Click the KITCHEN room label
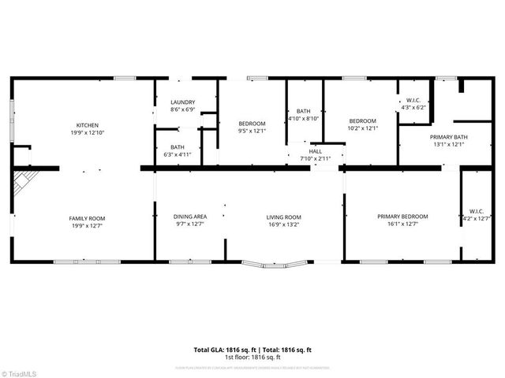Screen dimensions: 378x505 pyautogui.click(x=87, y=125)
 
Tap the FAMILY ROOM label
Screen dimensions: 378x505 pyautogui.click(x=87, y=218)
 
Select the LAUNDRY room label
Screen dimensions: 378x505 pyautogui.click(x=182, y=102)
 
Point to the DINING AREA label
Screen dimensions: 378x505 pyautogui.click(x=190, y=217)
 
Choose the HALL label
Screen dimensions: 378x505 pyautogui.click(x=316, y=151)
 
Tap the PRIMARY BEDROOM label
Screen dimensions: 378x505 pyautogui.click(x=402, y=217)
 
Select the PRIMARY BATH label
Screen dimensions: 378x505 pyautogui.click(x=449, y=137)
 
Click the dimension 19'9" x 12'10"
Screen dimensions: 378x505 pyautogui.click(x=87, y=132)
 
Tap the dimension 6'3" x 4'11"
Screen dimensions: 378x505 pyautogui.click(x=178, y=154)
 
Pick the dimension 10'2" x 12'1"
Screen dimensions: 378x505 pyautogui.click(x=363, y=128)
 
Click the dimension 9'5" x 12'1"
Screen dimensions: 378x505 pyautogui.click(x=252, y=131)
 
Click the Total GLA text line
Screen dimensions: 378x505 pyautogui.click(x=252, y=349)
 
